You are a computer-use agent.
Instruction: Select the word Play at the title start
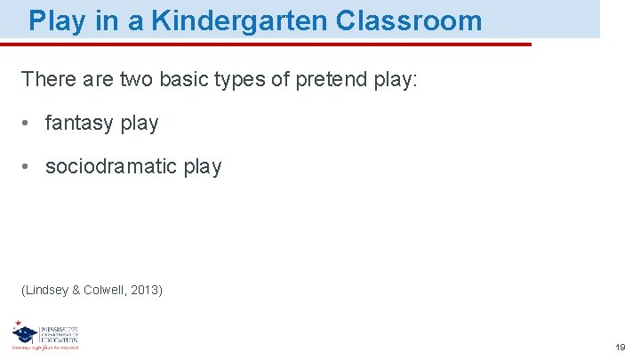click(x=58, y=20)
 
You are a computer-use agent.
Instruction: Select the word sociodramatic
click(x=115, y=166)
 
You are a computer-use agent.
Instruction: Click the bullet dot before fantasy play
click(x=28, y=124)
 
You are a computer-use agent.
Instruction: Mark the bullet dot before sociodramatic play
click(x=28, y=166)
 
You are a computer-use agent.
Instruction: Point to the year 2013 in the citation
click(x=145, y=290)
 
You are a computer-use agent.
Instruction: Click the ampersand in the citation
click(x=76, y=290)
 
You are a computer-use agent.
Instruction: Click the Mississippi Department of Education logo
click(x=44, y=336)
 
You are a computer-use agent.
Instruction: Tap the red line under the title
click(x=267, y=44)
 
